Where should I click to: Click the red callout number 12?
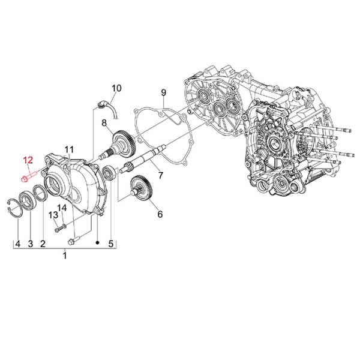[28, 160]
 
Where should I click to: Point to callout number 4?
[17, 244]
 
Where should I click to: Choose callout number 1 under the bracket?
[65, 256]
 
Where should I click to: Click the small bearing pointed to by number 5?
[109, 173]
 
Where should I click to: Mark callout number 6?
[160, 214]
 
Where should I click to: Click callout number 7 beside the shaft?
[160, 176]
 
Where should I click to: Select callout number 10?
[116, 88]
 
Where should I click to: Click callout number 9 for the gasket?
[162, 92]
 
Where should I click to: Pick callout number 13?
[53, 215]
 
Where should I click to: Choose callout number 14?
[62, 208]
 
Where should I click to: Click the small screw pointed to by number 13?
[58, 228]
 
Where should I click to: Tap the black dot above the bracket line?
[97, 242]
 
